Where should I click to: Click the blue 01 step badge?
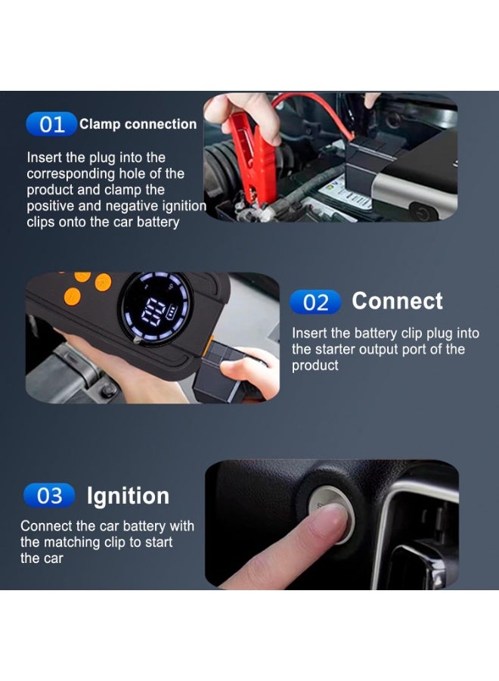click(51, 124)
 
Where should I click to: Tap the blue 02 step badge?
click(315, 303)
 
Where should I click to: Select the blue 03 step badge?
click(49, 496)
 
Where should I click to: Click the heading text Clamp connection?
click(138, 124)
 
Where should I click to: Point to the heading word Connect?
click(397, 301)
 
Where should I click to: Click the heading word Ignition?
click(128, 496)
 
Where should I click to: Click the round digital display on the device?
click(156, 308)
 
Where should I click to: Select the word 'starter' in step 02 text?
click(339, 350)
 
